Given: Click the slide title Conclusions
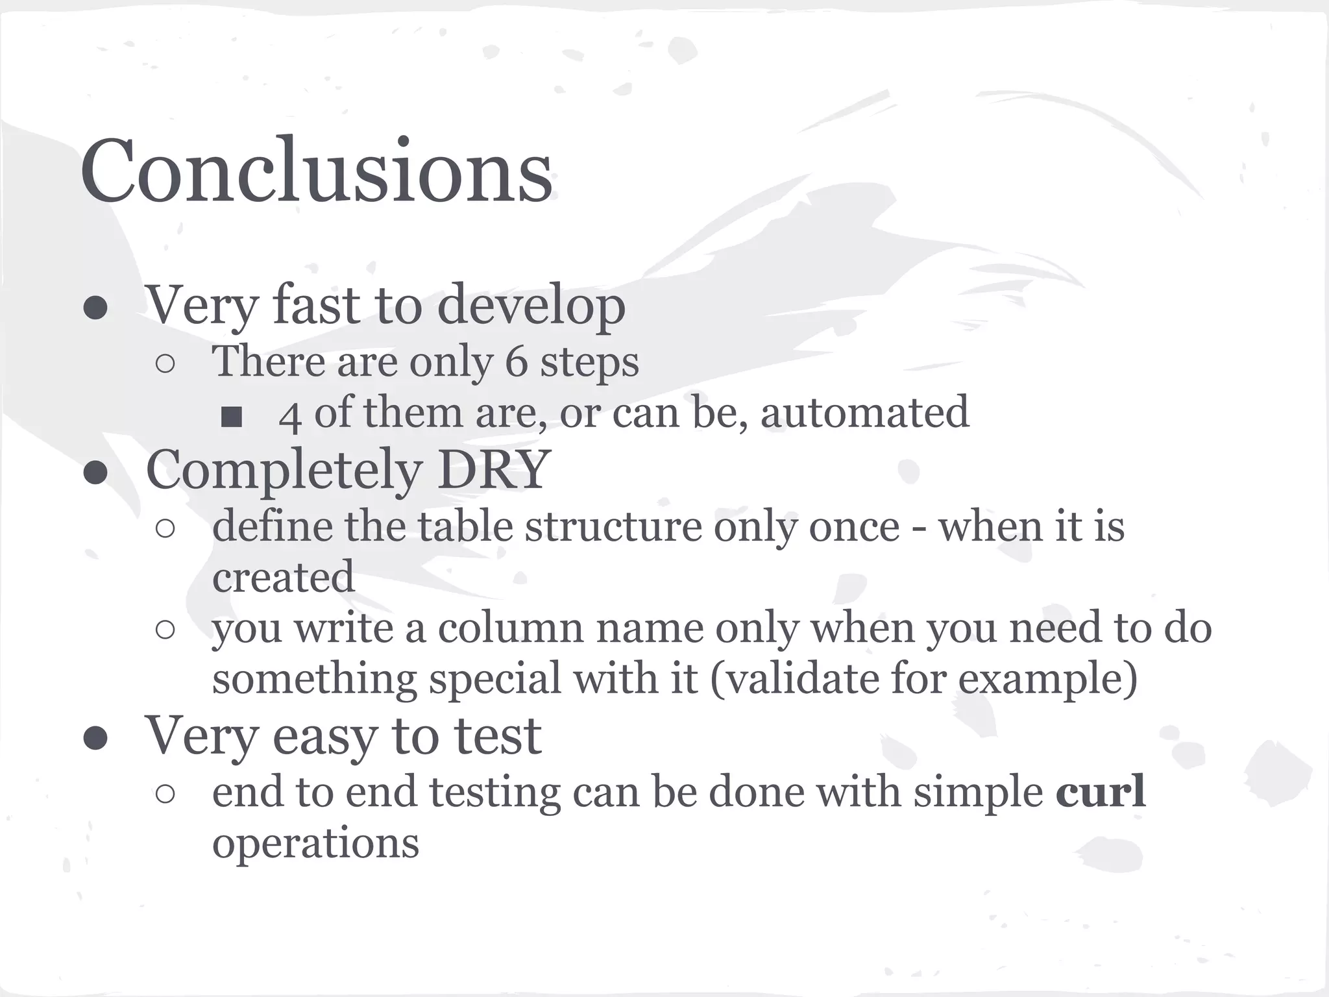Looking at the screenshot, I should (x=316, y=171).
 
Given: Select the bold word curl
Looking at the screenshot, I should (x=1101, y=792).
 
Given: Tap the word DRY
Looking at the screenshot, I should (x=494, y=469).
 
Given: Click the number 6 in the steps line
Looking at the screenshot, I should (x=516, y=361).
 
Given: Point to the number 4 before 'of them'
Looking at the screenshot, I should (x=289, y=415).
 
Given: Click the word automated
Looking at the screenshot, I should (x=864, y=412).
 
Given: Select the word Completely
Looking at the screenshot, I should (x=284, y=470).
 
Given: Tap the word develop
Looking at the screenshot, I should (x=531, y=305).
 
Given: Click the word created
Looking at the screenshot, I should (x=284, y=576).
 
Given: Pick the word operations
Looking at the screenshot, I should (x=315, y=844).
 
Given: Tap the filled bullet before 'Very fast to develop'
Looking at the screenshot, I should (x=95, y=309).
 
